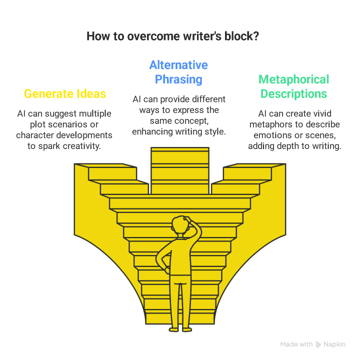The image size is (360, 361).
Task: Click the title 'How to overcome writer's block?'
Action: pyautogui.click(x=179, y=36)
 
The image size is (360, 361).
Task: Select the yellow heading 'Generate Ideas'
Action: pyautogui.click(x=64, y=93)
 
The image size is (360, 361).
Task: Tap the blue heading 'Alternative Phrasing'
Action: pyautogui.click(x=178, y=72)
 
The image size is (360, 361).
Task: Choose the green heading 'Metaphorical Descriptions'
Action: pyautogui.click(x=293, y=86)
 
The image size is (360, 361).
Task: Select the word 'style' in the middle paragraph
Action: pyautogui.click(x=215, y=132)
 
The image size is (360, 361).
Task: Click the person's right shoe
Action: pyautogui.click(x=185, y=328)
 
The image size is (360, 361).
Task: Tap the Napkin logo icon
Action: pyautogui.click(x=318, y=344)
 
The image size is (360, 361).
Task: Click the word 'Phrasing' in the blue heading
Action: pyautogui.click(x=178, y=79)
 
